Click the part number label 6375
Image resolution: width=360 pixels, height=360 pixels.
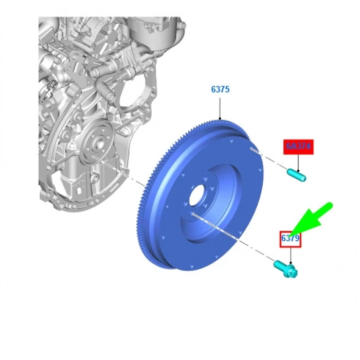[220, 89]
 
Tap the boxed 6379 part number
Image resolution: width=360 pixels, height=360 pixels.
[290, 239]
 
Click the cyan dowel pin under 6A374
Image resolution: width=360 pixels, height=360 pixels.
[297, 175]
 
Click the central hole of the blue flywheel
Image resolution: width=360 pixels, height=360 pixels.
[198, 196]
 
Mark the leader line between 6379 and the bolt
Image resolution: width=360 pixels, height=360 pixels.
[291, 255]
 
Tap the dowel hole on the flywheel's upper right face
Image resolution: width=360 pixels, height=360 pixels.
[250, 149]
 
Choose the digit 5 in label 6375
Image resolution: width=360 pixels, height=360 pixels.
[227, 89]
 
